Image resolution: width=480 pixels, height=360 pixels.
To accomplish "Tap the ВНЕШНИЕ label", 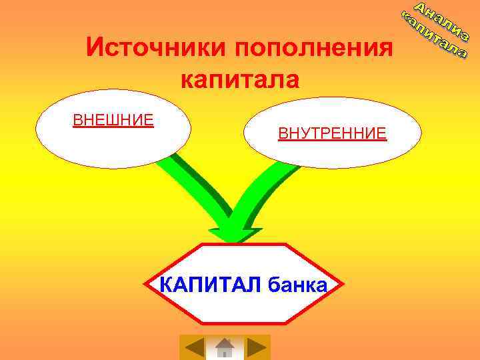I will [x=113, y=120].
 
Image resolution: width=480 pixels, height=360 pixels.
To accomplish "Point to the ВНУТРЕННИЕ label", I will [x=332, y=133].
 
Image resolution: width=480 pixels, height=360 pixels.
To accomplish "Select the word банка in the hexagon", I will [x=297, y=285].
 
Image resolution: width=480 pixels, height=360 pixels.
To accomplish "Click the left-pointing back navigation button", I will [x=194, y=347].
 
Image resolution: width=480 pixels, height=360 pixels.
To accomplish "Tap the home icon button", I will [x=225, y=347].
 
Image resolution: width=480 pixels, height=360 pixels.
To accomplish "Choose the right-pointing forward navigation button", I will [x=256, y=347].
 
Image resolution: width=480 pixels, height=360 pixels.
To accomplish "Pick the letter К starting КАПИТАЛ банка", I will [x=167, y=285].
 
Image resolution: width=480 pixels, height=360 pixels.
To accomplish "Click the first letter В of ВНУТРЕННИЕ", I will [x=283, y=133].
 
